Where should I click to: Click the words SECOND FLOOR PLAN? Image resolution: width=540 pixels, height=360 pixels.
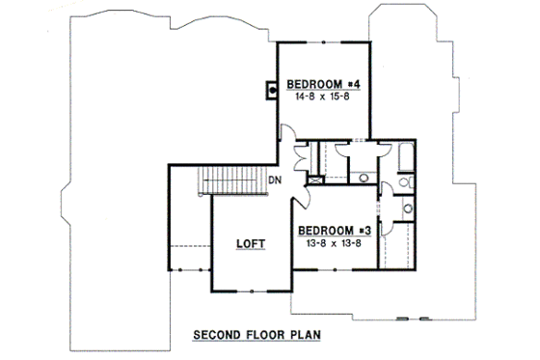256,337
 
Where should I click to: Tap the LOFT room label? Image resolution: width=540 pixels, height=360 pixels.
250,245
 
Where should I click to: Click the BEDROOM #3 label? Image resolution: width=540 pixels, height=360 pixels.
335,230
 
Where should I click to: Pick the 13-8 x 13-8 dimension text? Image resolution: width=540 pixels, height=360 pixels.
335,243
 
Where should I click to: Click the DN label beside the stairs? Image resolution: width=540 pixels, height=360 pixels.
275,180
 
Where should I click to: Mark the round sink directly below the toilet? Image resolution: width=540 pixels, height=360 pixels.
408,207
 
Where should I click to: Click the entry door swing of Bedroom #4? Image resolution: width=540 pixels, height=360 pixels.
286,137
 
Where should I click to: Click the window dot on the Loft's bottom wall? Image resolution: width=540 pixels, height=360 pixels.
251,291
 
